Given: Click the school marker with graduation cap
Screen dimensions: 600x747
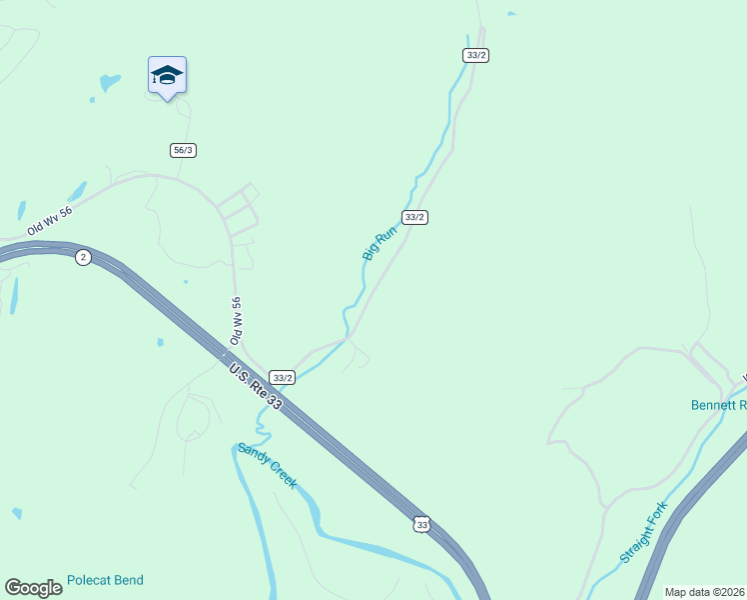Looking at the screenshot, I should [x=167, y=76].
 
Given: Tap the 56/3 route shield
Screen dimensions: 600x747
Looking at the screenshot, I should [x=183, y=150].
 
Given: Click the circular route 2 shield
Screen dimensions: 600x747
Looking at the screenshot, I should [x=83, y=257].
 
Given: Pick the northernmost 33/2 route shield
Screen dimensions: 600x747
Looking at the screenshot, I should [x=475, y=55].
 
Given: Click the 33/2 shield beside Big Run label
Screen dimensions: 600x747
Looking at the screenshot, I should [x=414, y=217].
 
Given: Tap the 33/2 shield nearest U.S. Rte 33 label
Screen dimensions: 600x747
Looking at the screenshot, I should [x=283, y=378].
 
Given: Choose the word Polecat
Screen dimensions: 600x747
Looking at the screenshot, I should [x=91, y=580].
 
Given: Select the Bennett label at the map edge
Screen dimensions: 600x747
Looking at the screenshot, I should [x=718, y=405].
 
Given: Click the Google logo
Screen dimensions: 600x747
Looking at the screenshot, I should [x=33, y=588].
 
